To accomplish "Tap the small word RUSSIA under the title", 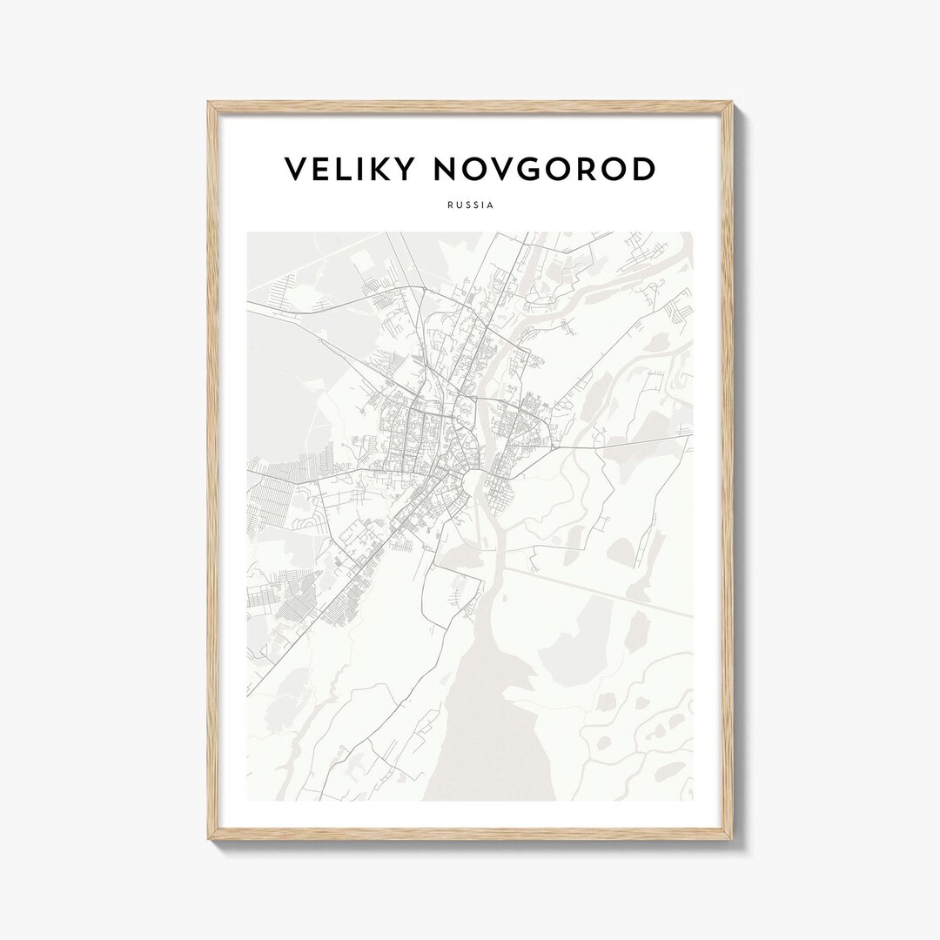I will [x=470, y=205].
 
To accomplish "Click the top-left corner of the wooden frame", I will [x=210, y=104].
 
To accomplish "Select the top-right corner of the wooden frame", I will [x=731, y=104].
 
